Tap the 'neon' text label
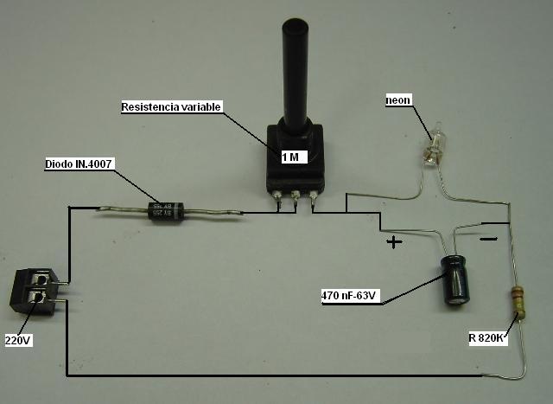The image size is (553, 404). pos(397,101)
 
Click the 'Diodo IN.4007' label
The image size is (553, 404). pos(79,163)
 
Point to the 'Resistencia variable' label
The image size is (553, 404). pos(172,107)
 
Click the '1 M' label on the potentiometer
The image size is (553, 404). pos(290,157)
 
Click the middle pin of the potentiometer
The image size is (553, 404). pos(296,202)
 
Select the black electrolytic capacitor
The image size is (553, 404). pos(455,279)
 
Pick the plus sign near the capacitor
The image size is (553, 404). pos(394,242)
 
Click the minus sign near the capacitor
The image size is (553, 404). pos(488,234)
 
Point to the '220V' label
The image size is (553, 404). pos(18,340)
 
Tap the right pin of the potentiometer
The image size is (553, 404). pos(313,202)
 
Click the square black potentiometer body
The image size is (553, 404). pos(295,160)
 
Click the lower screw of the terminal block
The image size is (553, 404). pos(38,301)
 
